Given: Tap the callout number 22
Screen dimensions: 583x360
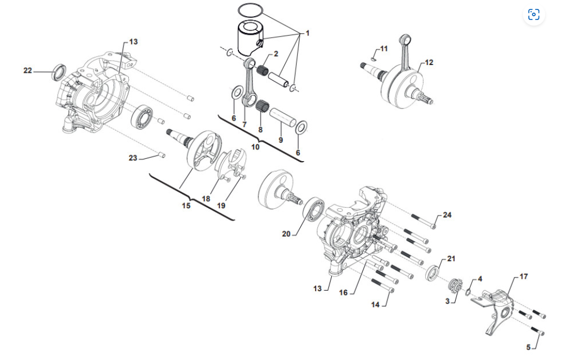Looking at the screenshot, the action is (x=28, y=70).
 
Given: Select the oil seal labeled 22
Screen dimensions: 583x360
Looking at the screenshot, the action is (x=59, y=72).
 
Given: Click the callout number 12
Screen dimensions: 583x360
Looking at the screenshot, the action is (x=429, y=62).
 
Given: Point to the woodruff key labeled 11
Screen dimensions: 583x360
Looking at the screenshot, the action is (x=374, y=58).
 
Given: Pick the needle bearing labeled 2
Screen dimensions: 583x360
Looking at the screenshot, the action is (x=263, y=70).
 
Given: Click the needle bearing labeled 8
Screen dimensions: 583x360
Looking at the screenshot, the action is (x=262, y=106).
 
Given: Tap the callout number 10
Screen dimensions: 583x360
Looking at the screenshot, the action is (x=255, y=147).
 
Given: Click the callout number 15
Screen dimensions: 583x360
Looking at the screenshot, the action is (x=186, y=206).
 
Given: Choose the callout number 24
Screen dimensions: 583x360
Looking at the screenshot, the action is (x=447, y=215).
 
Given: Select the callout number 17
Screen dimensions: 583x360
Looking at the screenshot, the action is (x=524, y=277).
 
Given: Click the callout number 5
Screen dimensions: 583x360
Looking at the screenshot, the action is (x=529, y=347).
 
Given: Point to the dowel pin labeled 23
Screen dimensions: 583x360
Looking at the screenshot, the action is (x=162, y=154).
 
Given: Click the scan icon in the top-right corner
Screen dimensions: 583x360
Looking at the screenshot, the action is (x=534, y=15).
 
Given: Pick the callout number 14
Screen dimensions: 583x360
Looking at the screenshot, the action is (x=376, y=304).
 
